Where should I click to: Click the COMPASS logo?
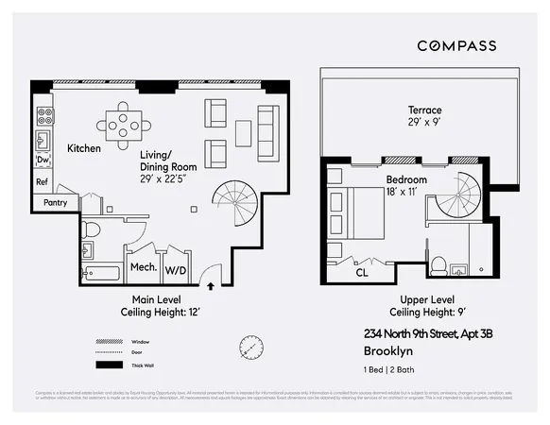click(457, 45)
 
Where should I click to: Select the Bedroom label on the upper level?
click(406, 179)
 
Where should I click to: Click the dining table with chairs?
click(124, 123)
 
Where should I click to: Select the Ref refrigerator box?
click(43, 182)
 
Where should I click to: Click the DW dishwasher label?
click(43, 161)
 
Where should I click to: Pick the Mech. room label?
click(142, 268)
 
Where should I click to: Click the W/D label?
click(176, 269)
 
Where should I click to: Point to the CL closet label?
click(362, 274)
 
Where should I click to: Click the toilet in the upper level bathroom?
click(438, 268)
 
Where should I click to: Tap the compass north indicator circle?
click(250, 347)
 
